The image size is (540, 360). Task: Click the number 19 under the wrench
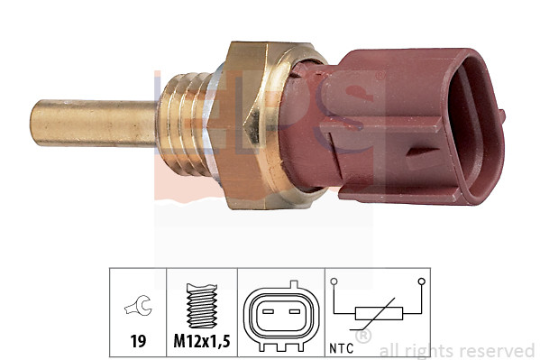pos(138,342)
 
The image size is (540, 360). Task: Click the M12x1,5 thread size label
pos(202,342)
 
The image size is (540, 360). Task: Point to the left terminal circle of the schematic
pos(334,282)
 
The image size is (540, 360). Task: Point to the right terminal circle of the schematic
pos(421,282)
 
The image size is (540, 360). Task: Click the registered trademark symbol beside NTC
pos(363,337)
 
